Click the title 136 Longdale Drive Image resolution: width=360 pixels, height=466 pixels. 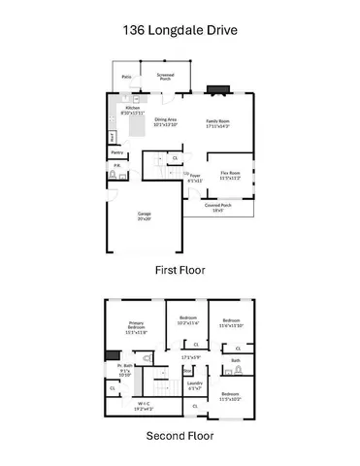click(180, 28)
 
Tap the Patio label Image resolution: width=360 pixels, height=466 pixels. click(127, 75)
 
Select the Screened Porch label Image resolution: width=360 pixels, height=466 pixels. click(165, 76)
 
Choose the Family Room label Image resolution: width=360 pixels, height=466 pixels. click(217, 121)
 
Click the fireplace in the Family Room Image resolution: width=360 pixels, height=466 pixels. click(218, 90)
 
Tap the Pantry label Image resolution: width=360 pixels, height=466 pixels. click(117, 152)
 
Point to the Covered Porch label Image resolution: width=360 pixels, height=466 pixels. click(219, 207)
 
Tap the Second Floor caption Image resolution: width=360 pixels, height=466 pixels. click(180, 436)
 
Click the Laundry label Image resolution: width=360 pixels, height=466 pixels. click(195, 386)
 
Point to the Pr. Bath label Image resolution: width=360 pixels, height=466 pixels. click(125, 368)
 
